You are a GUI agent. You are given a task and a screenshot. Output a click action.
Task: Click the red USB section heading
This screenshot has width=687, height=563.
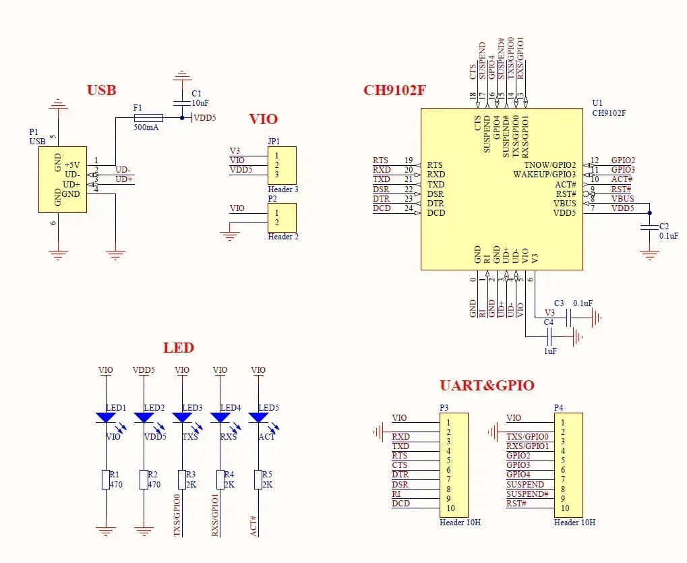coord(101,90)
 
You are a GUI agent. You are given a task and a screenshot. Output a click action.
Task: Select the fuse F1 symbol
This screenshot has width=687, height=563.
coord(148,117)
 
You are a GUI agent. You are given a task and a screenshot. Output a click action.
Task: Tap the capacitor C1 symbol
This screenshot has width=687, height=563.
coord(180,102)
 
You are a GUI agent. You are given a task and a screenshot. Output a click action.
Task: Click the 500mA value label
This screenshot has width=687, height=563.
coord(146,127)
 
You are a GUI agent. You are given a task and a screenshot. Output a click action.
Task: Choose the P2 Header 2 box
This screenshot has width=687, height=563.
coord(282,218)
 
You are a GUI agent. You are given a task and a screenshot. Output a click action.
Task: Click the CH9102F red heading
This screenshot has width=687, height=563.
coord(394,90)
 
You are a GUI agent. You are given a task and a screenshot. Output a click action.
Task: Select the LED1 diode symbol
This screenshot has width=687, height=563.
coord(106,418)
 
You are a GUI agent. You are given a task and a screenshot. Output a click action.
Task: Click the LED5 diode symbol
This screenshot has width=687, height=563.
coord(258,418)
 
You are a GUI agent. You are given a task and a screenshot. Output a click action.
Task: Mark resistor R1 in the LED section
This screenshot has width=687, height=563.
coord(106,480)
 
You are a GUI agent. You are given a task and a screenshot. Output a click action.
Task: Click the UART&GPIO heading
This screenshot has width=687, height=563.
coord(487,386)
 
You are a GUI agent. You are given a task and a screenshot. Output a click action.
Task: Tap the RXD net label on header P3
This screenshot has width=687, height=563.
coord(400,437)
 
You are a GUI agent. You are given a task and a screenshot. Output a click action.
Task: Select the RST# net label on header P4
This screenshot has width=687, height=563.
coord(516,504)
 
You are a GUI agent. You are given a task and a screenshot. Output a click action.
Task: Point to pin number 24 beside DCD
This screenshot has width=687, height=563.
coord(409,209)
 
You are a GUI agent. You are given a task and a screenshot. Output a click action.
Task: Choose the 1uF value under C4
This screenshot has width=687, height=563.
coord(550,351)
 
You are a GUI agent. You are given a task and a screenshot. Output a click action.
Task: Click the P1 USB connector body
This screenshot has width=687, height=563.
coord(63,179)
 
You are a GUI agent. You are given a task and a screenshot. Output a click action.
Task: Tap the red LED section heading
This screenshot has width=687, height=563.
coord(179,348)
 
